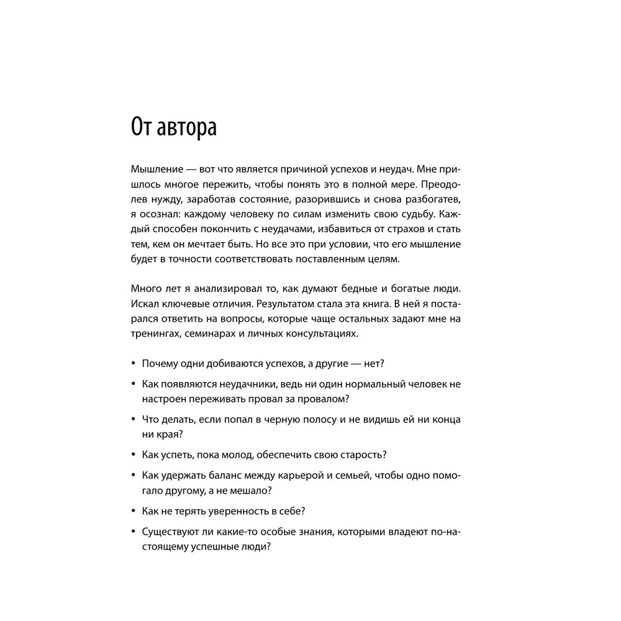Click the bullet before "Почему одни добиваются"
pyautogui.click(x=134, y=364)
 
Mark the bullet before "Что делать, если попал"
pyautogui.click(x=134, y=420)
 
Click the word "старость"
pyautogui.click(x=360, y=455)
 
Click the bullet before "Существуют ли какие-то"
pyautogui.click(x=134, y=532)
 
